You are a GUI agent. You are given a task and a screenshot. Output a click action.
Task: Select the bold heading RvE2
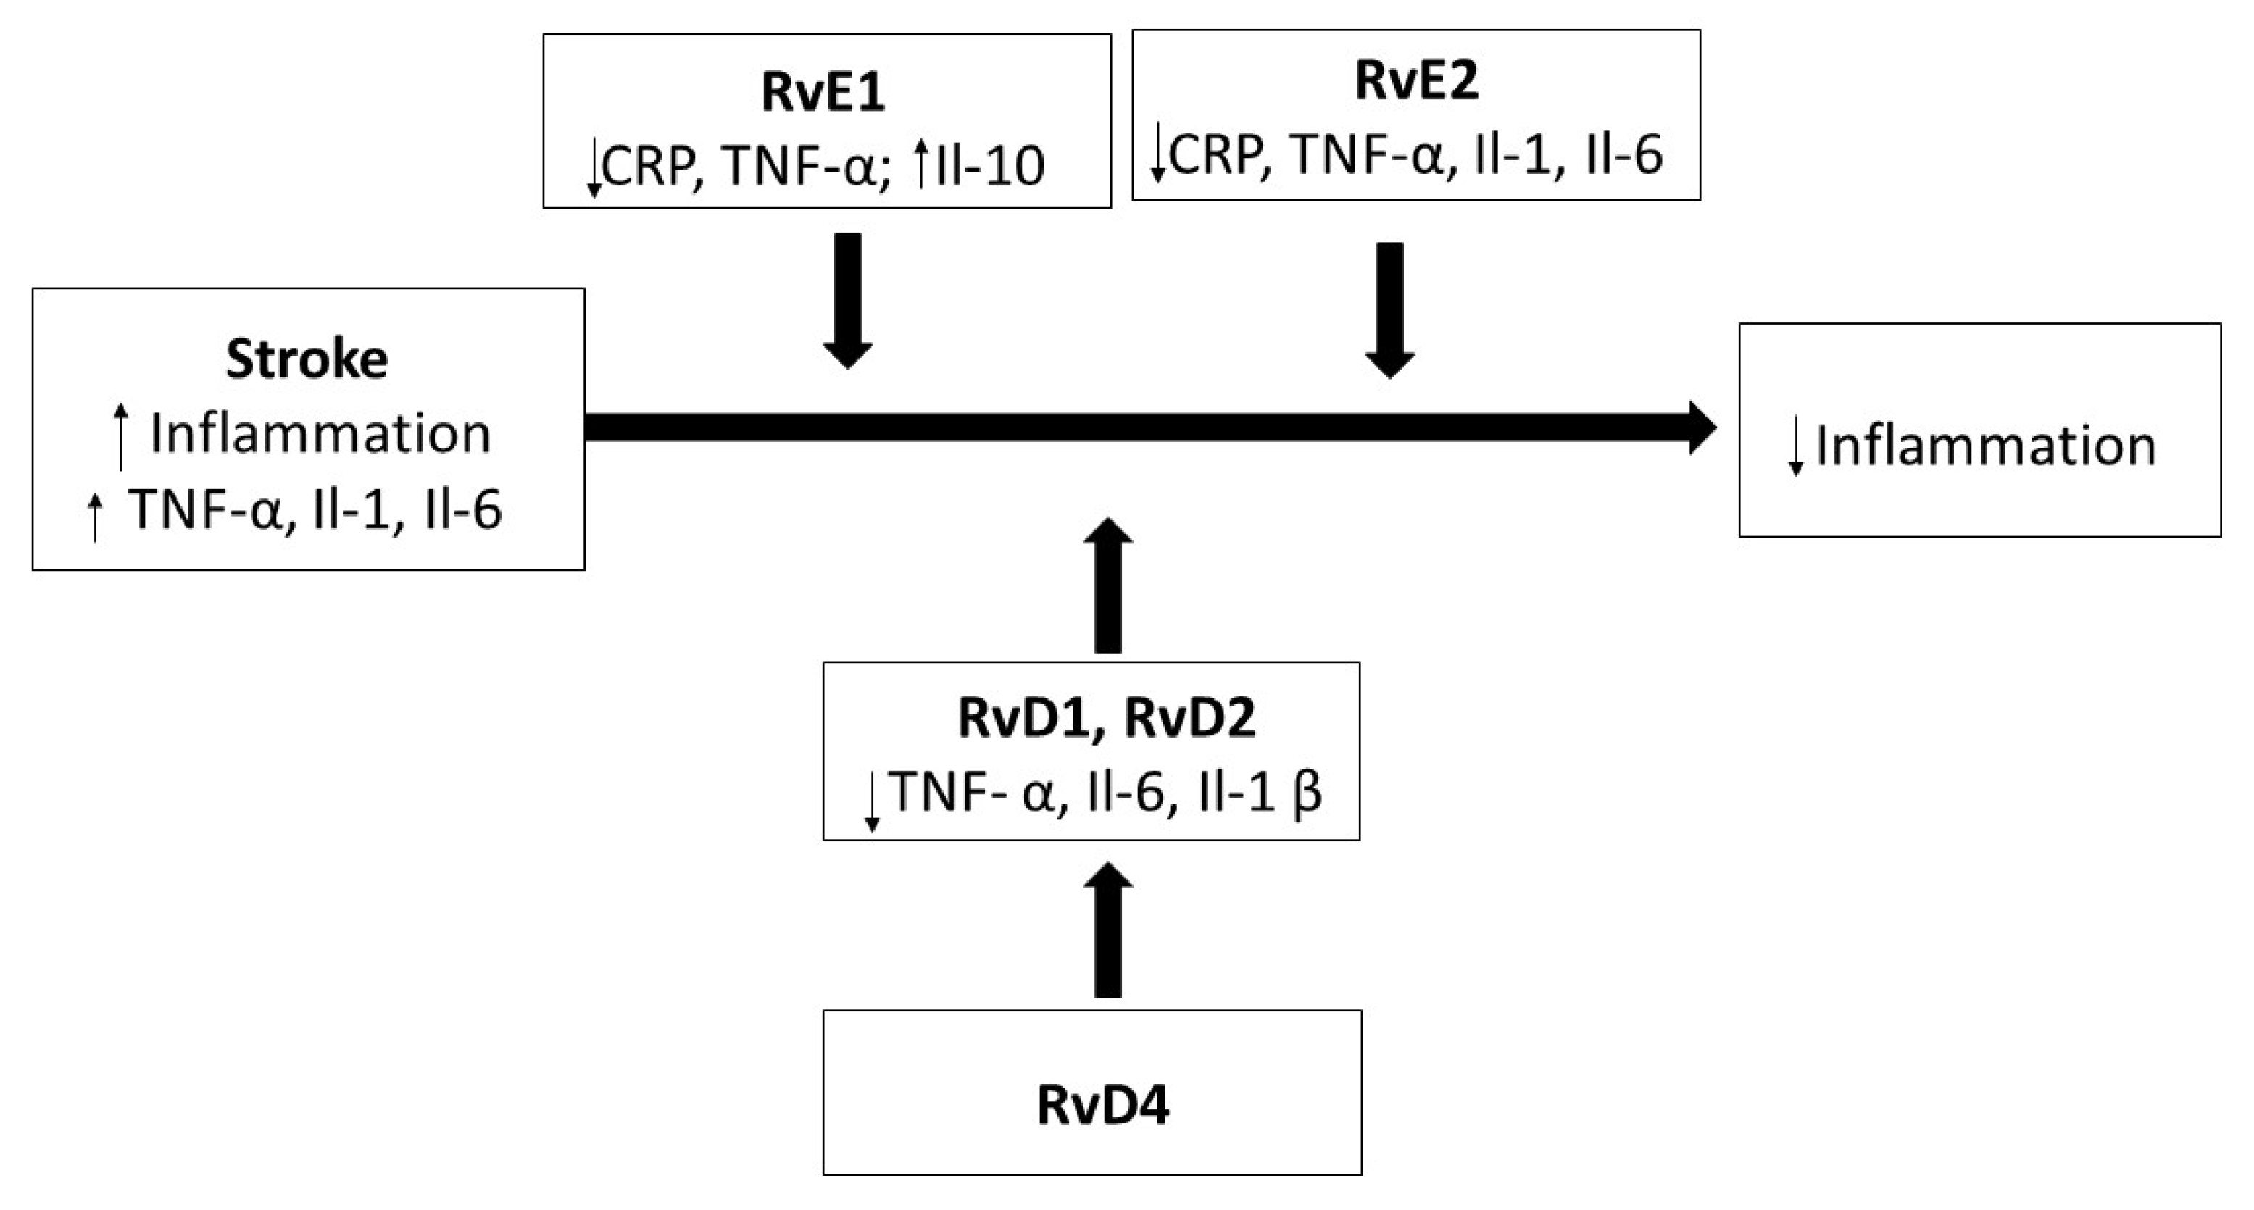1415,80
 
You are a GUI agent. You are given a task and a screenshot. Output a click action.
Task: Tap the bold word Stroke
307,359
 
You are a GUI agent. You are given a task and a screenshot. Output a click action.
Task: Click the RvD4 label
1102,1104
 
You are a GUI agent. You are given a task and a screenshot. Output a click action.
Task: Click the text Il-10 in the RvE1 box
989,166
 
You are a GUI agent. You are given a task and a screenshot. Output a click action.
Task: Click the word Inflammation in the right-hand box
1985,446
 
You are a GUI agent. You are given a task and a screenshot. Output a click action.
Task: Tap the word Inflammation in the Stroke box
320,434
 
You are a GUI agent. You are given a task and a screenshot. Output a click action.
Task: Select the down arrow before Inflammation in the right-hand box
1795,446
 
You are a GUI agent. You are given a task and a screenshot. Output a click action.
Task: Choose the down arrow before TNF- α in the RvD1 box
871,801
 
